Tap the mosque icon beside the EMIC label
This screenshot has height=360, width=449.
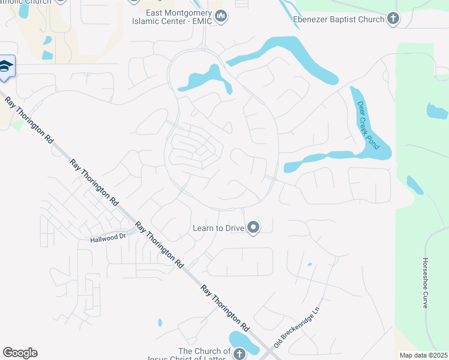[x=221, y=16]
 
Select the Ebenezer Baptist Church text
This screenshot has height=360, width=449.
[x=338, y=19]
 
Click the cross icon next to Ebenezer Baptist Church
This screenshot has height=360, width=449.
[x=393, y=19]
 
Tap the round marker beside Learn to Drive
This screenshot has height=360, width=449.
[x=253, y=227]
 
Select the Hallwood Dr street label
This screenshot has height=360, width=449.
[x=107, y=238]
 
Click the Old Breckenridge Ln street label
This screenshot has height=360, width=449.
[x=298, y=329]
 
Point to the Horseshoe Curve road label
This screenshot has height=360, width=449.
[x=425, y=283]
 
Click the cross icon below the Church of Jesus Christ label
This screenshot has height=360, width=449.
[x=238, y=354]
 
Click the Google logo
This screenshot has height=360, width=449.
[x=20, y=353]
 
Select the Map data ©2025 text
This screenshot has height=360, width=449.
[x=423, y=355]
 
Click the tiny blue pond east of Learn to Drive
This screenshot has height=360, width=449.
[x=310, y=264]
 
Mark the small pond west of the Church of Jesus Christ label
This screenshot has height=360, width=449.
[x=160, y=323]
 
